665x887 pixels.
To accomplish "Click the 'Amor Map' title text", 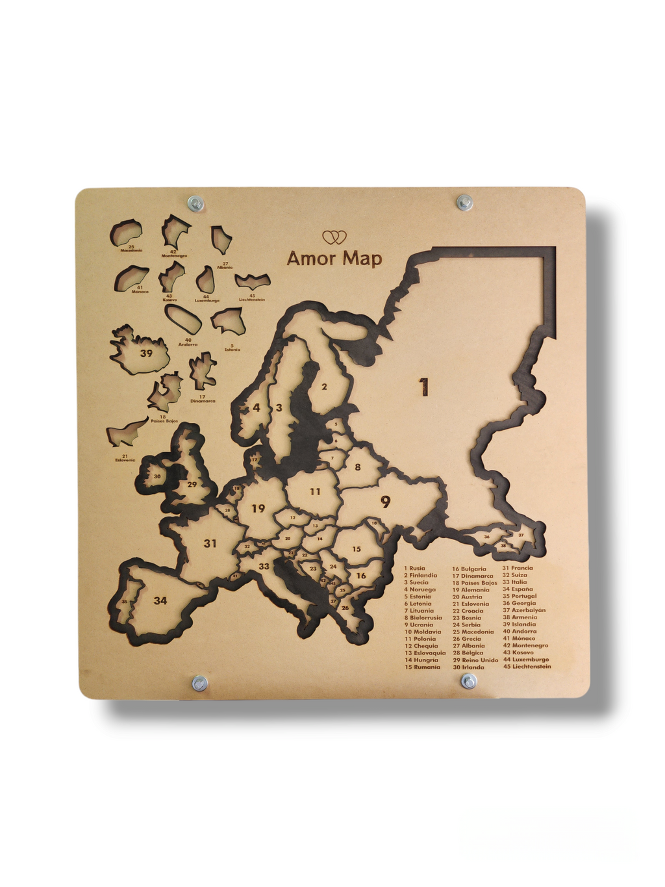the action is pos(334,259).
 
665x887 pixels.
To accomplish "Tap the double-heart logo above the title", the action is pos(334,237).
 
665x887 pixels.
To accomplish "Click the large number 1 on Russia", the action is pos(424,387).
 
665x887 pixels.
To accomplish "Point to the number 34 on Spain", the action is pos(160,600).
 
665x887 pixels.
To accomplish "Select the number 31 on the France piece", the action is pos(210,543).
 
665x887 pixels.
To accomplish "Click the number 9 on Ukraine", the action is pos(385,502).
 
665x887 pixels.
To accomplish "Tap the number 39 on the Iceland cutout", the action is pos(146,354).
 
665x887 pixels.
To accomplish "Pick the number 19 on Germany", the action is pos(258,508).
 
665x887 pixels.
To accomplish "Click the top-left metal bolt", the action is pos(195,203).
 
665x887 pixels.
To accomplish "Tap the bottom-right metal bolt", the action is pos(468,682).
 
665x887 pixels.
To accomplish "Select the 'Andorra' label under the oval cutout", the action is pos(188,344).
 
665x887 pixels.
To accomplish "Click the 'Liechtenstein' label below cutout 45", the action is pos(252,300).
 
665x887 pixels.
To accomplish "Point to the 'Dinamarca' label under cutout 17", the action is pos(203,401).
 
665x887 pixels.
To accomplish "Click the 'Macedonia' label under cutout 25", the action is pos(131,250).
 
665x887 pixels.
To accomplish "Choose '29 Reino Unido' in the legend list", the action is pos(475,660).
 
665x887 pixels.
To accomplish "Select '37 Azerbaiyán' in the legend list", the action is pos(524,610).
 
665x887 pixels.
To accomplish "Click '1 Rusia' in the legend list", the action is pos(414,569).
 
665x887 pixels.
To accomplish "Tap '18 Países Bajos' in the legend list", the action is pos(475,583).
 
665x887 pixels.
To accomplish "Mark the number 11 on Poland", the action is pos(315,492).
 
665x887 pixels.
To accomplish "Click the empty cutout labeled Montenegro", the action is pos(175,231).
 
